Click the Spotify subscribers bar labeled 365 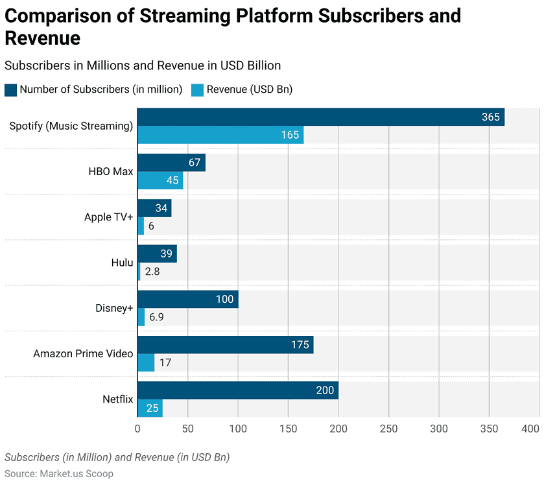(x=320, y=117)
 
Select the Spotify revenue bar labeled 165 (x=220, y=135)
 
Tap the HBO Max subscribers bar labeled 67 (x=171, y=163)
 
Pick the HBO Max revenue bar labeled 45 (x=160, y=180)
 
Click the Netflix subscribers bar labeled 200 (x=237, y=390)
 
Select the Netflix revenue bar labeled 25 (x=150, y=408)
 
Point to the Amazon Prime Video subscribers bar (x=225, y=345)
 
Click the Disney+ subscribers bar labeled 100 (x=187, y=300)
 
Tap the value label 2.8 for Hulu (x=152, y=272)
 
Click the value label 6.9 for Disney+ (x=156, y=317)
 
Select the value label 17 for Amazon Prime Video (x=165, y=362)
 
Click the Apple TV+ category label (x=108, y=217)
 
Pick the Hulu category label (x=122, y=263)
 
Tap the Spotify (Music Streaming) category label (x=71, y=126)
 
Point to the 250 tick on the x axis (x=388, y=429)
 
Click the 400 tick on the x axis (x=530, y=429)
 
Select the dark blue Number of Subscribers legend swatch (x=10, y=89)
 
